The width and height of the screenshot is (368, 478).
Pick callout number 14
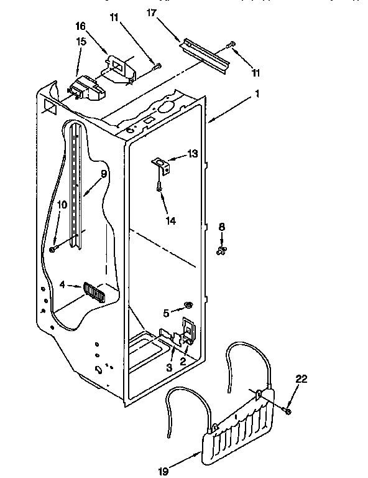[x=170, y=220]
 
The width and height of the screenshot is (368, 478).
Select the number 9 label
[x=104, y=175]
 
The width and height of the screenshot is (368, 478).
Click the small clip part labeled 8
[x=221, y=250]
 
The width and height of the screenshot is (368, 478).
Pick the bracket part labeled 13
[x=160, y=164]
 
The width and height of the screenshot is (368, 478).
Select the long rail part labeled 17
[x=205, y=55]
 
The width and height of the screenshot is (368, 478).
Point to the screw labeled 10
[x=55, y=248]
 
